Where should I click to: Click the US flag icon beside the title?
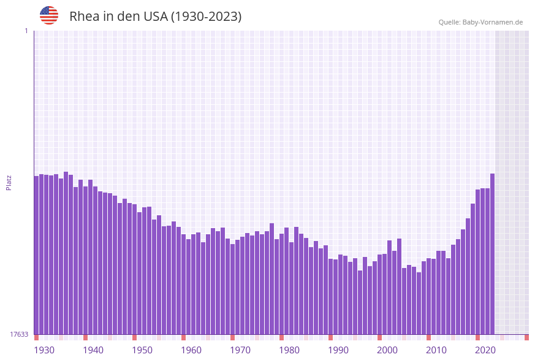[49, 15]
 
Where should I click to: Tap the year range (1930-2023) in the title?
[206, 17]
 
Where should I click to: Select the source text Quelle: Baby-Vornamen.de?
[480, 22]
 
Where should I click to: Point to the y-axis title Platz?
[9, 182]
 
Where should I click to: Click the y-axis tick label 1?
[26, 31]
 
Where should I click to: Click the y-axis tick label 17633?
[19, 334]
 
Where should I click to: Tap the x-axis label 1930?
[44, 350]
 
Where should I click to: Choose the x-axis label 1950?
[142, 350]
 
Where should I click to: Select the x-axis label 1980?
[289, 350]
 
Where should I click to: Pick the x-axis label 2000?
[387, 350]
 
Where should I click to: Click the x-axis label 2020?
[485, 350]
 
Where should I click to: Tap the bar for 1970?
[232, 289]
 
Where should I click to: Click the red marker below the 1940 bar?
[85, 337]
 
